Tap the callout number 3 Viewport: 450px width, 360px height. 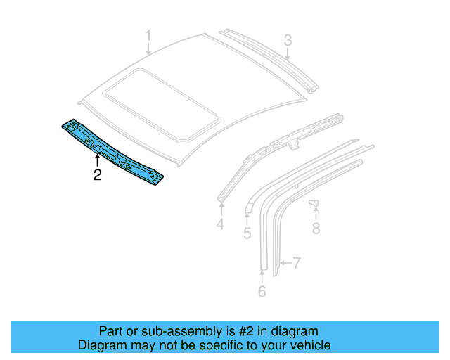[288, 40]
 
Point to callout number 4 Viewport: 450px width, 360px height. [220, 224]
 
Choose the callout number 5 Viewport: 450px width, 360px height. [247, 232]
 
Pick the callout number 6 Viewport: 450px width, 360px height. [262, 290]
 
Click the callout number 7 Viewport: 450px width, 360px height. [297, 264]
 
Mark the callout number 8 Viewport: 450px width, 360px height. [316, 228]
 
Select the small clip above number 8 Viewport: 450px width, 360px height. [315, 204]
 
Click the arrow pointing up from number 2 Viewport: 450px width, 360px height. [98, 157]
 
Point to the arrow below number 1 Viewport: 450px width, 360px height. [148, 49]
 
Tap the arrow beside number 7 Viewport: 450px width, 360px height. [282, 264]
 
